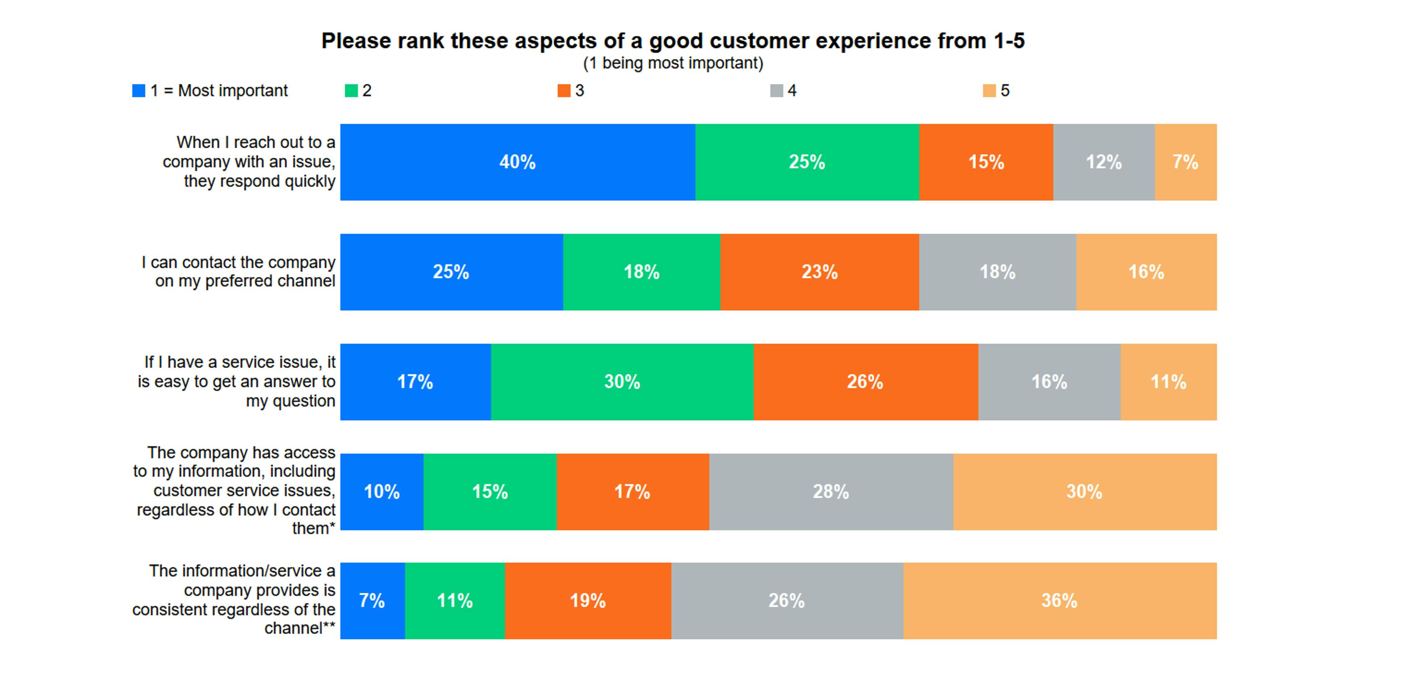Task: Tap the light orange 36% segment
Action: tap(1059, 601)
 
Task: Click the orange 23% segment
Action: tap(819, 272)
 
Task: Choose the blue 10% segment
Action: tap(382, 492)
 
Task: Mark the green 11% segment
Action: tap(455, 601)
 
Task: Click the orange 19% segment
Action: tap(588, 601)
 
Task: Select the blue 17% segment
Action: tap(415, 382)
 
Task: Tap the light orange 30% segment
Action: tap(1084, 492)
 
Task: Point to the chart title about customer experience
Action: tap(672, 41)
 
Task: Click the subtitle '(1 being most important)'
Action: tap(672, 63)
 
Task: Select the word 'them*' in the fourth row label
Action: tap(313, 528)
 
